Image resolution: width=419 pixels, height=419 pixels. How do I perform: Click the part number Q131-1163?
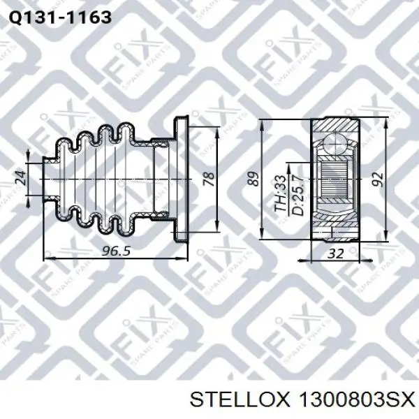coord(60,17)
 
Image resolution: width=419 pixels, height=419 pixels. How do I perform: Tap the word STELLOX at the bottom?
coord(240,400)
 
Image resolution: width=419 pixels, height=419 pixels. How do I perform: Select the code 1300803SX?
coord(357,400)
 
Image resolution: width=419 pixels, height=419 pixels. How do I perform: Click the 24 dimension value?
coord(21,177)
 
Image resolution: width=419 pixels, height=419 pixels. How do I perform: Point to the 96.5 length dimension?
coord(116,251)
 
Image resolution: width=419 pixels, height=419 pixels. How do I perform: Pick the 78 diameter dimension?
coord(209,179)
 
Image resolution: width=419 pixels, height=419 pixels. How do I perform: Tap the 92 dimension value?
coord(379,179)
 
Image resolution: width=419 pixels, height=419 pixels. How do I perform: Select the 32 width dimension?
coord(336,253)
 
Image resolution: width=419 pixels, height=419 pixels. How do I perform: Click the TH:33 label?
coord(281,193)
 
